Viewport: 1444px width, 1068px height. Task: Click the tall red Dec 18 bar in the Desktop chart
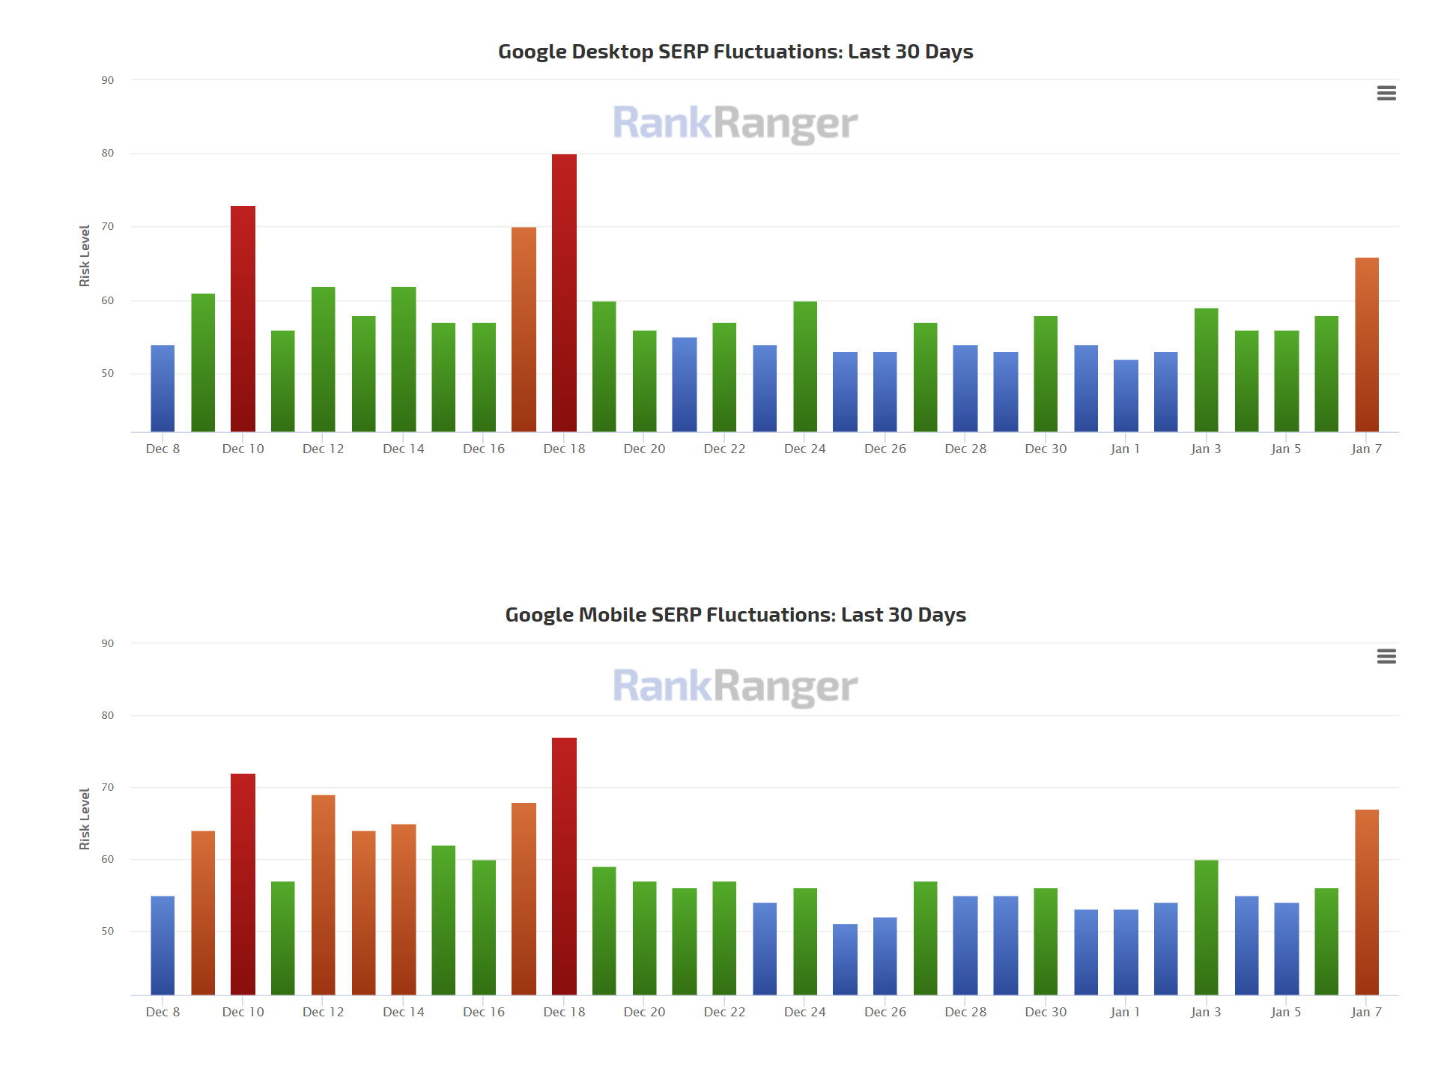click(x=564, y=293)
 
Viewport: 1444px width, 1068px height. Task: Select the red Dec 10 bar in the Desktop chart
click(x=243, y=319)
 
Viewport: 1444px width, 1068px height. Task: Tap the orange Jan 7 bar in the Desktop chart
click(x=1366, y=345)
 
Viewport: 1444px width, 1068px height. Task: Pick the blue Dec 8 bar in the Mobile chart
click(x=163, y=945)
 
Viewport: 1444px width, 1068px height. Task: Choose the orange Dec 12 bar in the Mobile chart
click(x=323, y=895)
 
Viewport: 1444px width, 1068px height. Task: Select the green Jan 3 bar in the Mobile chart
click(x=1206, y=927)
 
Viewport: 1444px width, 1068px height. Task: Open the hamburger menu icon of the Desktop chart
click(x=1386, y=93)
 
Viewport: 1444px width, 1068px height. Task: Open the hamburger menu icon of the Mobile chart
click(x=1386, y=656)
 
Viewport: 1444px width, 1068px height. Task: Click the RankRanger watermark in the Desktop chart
click(x=735, y=124)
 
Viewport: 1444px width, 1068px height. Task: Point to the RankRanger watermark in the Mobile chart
click(x=735, y=687)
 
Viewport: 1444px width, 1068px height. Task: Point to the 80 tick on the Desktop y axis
click(x=108, y=154)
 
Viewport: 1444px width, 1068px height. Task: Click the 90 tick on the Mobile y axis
click(x=108, y=643)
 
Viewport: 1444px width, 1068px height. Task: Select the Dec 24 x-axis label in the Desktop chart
click(x=804, y=449)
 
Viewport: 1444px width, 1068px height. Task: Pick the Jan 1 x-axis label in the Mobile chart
click(x=1125, y=1012)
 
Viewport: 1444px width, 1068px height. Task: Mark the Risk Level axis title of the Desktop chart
click(x=85, y=255)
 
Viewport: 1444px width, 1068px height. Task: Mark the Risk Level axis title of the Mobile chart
click(x=85, y=819)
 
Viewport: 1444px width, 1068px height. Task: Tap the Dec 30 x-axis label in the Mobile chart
click(x=1046, y=1012)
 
